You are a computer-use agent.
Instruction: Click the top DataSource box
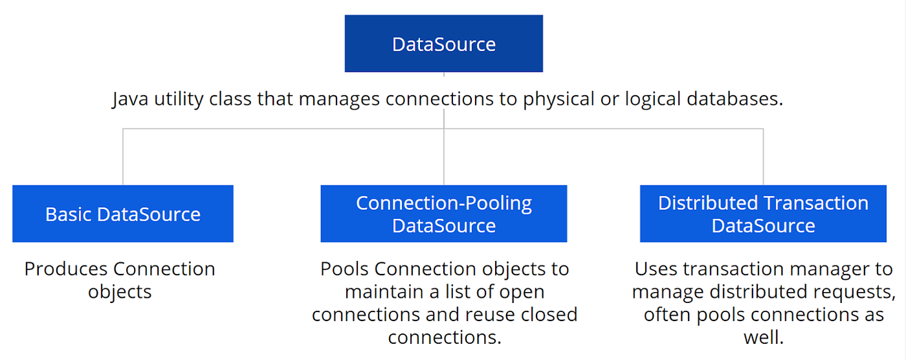click(x=443, y=43)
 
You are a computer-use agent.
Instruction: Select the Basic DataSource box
click(x=123, y=214)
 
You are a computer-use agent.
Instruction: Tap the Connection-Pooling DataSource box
click(x=443, y=214)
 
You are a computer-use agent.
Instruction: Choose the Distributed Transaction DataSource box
click(x=763, y=214)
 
